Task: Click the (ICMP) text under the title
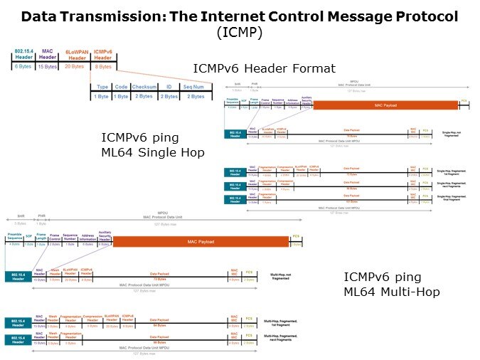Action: [x=240, y=32]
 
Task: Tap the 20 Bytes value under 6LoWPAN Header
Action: [x=75, y=66]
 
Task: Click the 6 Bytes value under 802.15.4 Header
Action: [x=22, y=66]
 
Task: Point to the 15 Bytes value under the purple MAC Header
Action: [x=48, y=66]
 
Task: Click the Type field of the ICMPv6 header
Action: [x=102, y=87]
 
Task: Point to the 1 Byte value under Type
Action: [x=102, y=96]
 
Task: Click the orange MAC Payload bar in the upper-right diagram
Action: [x=385, y=105]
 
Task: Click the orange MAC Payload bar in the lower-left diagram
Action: [x=201, y=242]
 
